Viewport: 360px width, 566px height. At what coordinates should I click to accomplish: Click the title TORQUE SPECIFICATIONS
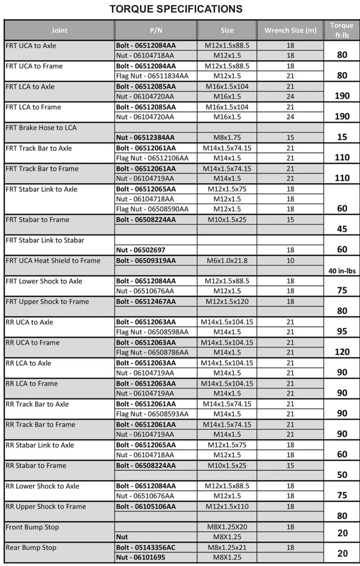(176, 9)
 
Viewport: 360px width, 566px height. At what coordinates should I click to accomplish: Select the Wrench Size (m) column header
(290, 30)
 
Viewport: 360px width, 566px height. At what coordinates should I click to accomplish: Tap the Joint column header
(59, 30)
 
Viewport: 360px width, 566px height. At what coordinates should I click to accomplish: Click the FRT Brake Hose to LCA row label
(41, 128)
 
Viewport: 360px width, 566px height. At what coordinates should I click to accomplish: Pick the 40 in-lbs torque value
(342, 271)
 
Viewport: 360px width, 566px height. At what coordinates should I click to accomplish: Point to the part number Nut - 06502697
(140, 250)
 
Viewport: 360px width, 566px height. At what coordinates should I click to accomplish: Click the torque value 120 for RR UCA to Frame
(342, 352)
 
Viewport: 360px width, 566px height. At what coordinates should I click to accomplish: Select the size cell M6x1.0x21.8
(227, 261)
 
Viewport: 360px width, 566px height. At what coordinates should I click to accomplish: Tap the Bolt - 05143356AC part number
(146, 547)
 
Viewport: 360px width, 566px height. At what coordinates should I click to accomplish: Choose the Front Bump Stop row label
(32, 527)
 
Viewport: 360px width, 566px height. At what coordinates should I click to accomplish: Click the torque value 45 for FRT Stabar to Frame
(342, 229)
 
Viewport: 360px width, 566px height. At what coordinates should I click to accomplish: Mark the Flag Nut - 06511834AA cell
(152, 76)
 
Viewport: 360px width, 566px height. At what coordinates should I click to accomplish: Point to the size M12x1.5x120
(227, 302)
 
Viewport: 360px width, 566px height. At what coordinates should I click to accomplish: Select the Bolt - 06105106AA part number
(146, 507)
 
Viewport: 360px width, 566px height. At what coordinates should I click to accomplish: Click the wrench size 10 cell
(290, 261)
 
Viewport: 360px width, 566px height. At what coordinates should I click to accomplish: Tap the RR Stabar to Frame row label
(36, 465)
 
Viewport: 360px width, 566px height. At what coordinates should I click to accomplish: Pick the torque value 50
(342, 475)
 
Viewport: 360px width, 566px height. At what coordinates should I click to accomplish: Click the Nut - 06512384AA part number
(145, 137)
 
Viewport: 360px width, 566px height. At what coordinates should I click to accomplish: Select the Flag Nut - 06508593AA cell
(152, 414)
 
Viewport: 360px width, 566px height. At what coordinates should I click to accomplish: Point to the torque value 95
(342, 331)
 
